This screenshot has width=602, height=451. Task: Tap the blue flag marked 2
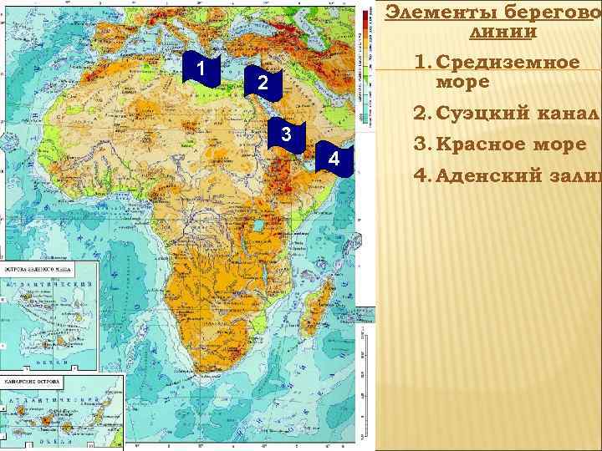(x=262, y=84)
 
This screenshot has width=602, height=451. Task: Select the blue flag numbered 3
(x=286, y=135)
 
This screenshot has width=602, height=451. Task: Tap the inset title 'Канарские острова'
(x=37, y=384)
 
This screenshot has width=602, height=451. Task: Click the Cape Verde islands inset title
(x=38, y=271)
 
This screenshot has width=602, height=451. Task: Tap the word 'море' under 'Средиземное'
(x=451, y=84)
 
